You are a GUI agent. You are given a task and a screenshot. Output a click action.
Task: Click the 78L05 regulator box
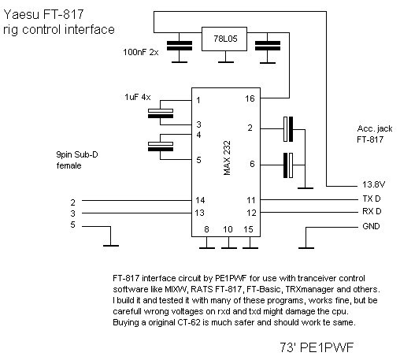pyautogui.click(x=224, y=39)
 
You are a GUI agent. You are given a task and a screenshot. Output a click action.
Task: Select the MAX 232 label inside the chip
pyautogui.click(x=227, y=158)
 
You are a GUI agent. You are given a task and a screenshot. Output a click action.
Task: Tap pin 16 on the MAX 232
pyautogui.click(x=250, y=98)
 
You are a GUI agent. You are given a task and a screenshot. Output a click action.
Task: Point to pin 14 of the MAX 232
pyautogui.click(x=200, y=200)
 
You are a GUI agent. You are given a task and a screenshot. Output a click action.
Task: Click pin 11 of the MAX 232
pyautogui.click(x=251, y=200)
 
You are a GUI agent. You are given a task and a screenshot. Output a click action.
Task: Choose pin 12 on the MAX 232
pyautogui.click(x=251, y=213)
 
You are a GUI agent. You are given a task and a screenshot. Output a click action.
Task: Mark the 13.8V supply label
pyautogui.click(x=373, y=184)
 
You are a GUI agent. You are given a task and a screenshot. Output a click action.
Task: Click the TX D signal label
pyautogui.click(x=372, y=199)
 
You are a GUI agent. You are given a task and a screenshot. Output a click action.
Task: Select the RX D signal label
pyautogui.click(x=372, y=211)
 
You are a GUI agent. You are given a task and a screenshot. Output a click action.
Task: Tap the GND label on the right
pyautogui.click(x=371, y=226)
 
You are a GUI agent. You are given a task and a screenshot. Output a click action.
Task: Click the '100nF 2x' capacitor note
pyautogui.click(x=141, y=52)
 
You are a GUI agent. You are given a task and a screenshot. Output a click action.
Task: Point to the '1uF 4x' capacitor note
pyautogui.click(x=138, y=97)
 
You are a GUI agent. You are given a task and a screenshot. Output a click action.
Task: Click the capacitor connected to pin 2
pyautogui.click(x=288, y=129)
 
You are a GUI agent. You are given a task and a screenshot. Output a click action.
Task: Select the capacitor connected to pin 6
pyautogui.click(x=288, y=165)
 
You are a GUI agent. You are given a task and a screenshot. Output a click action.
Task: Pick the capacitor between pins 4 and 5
pyautogui.click(x=161, y=147)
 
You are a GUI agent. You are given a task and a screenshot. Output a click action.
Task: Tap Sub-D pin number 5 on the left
pyautogui.click(x=72, y=225)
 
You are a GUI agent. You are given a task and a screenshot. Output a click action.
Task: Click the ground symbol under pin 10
pyautogui.click(x=229, y=248)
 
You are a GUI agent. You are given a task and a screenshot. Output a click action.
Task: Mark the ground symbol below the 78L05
pyautogui.click(x=226, y=62)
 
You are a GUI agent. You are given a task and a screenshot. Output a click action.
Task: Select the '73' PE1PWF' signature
pyautogui.click(x=317, y=347)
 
